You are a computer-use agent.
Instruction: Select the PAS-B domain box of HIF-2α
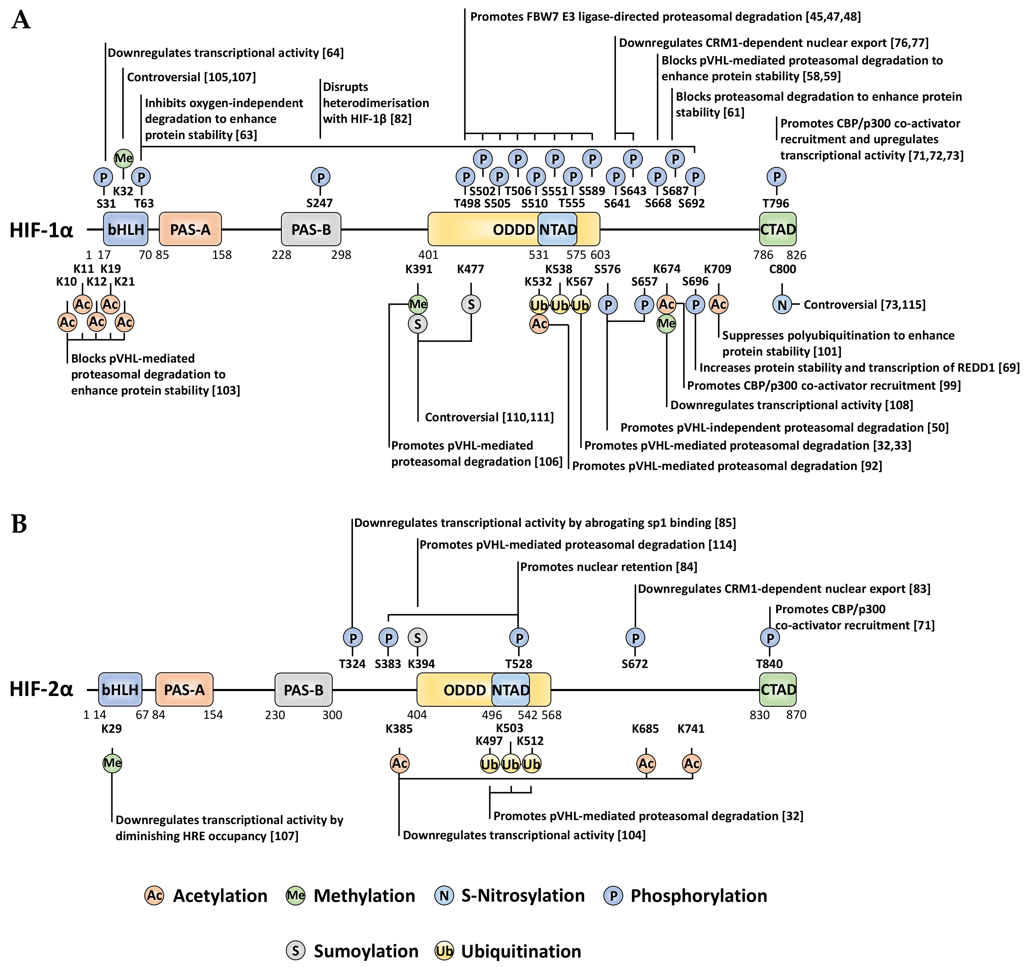pos(304,690)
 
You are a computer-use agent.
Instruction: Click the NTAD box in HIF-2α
pos(510,690)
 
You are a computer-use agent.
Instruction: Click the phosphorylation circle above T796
pos(776,177)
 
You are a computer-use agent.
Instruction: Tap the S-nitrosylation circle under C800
pos(782,305)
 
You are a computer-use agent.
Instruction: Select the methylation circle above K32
pos(123,158)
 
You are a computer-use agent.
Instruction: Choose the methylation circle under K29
pos(112,763)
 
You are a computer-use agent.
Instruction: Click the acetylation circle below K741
pos(692,764)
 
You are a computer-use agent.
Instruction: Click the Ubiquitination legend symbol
pos(444,951)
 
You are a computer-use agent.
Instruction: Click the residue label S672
pos(635,664)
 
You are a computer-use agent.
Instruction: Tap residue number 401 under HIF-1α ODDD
pos(428,255)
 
